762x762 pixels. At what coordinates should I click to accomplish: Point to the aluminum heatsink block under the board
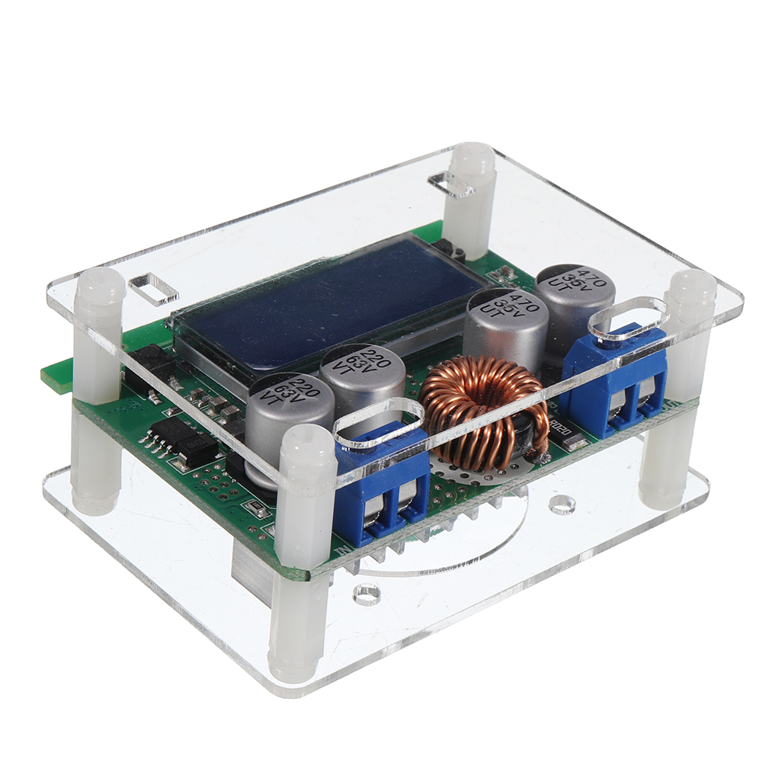(x=251, y=564)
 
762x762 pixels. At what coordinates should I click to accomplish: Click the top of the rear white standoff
(x=472, y=156)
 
